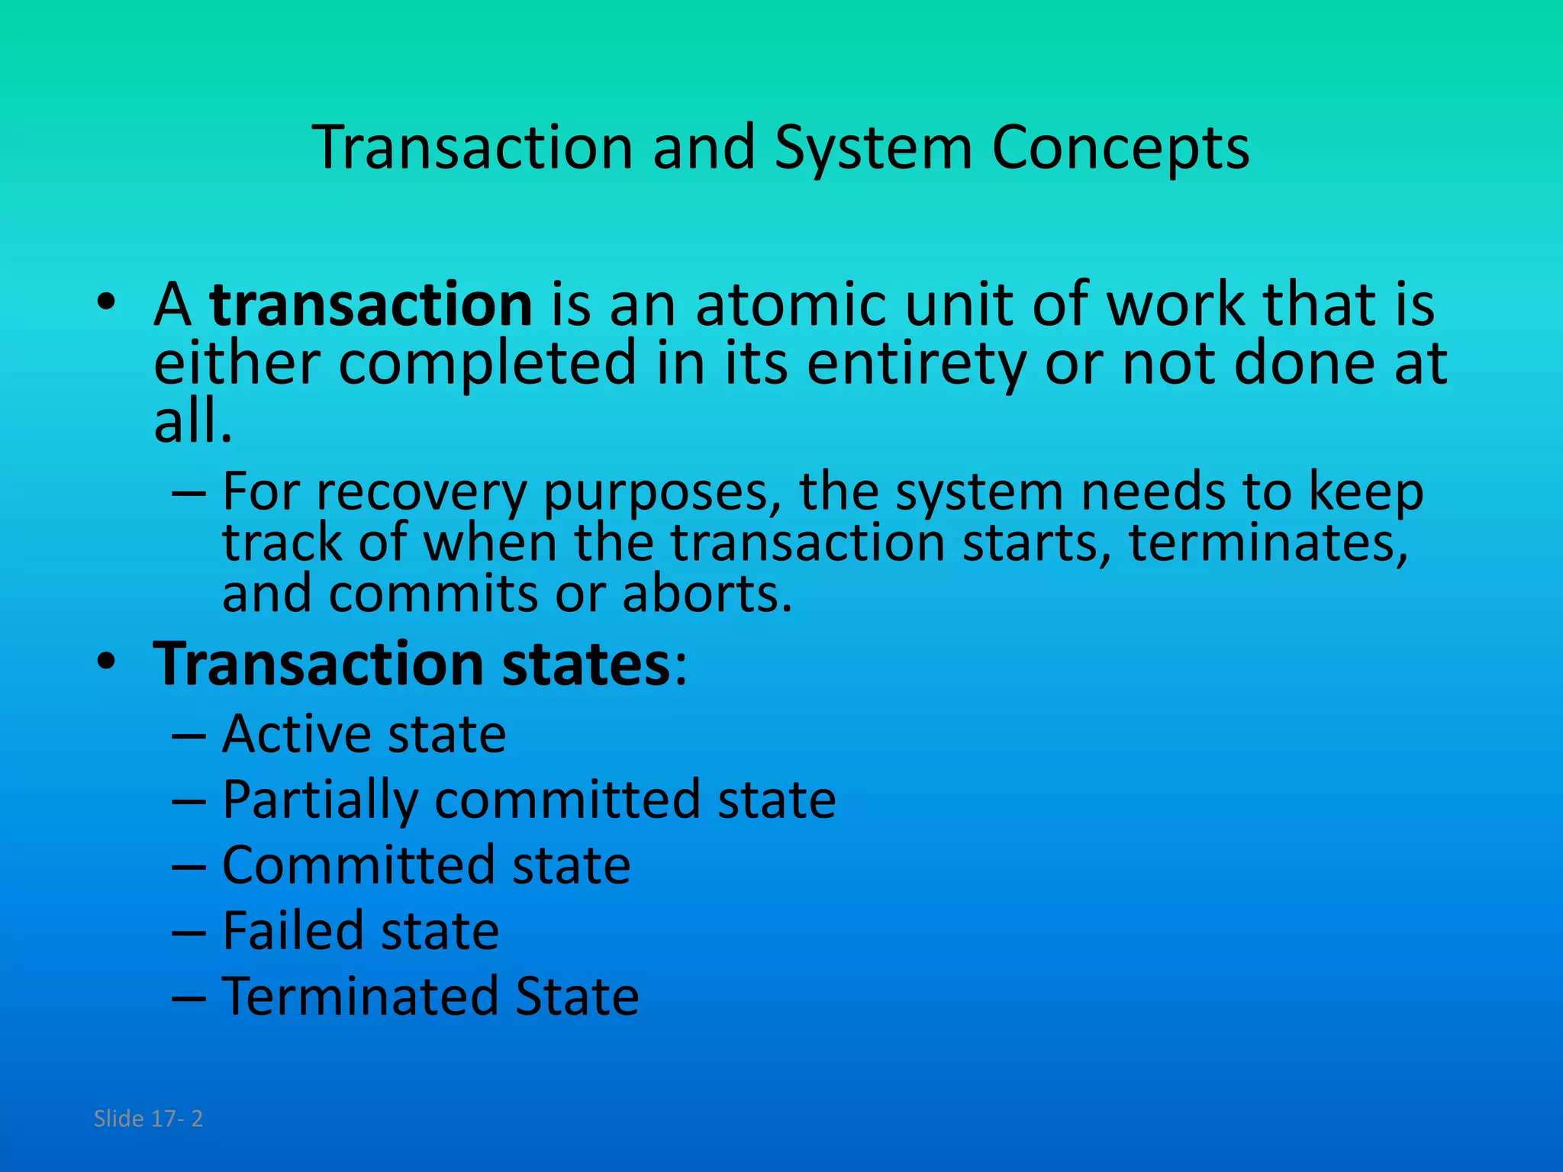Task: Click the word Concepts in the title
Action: [x=1120, y=147]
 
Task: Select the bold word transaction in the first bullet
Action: [x=371, y=304]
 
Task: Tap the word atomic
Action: [x=791, y=304]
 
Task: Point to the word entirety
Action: [x=917, y=363]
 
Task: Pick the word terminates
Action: [x=1268, y=543]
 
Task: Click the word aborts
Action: [x=707, y=594]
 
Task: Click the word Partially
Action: [x=320, y=800]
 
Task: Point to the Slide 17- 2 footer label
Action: [x=148, y=1119]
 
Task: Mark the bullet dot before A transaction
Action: [x=106, y=303]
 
